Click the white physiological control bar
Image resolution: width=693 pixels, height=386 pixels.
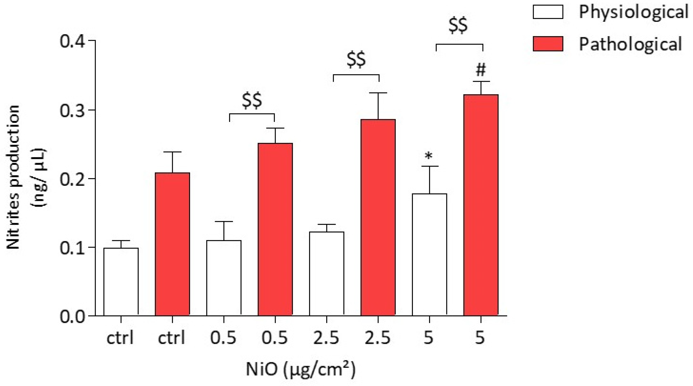coord(121,282)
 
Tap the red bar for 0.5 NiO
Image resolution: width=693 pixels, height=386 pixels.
coord(275,229)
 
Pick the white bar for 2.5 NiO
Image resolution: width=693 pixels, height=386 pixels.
coord(327,274)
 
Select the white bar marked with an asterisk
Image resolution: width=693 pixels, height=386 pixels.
coord(429,255)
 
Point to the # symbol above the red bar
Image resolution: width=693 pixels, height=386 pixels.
coord(481,70)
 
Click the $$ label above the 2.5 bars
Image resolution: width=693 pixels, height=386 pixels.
coord(356,60)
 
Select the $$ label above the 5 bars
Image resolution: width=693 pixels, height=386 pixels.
coord(458,26)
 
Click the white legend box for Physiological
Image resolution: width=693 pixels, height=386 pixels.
coord(548,12)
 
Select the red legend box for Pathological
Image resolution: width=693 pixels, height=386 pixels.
coord(548,44)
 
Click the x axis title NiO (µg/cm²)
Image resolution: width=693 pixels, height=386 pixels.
coord(301,369)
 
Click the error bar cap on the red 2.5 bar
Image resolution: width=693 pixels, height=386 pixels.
coord(378,93)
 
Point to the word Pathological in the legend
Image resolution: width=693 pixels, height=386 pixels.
coord(630,44)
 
